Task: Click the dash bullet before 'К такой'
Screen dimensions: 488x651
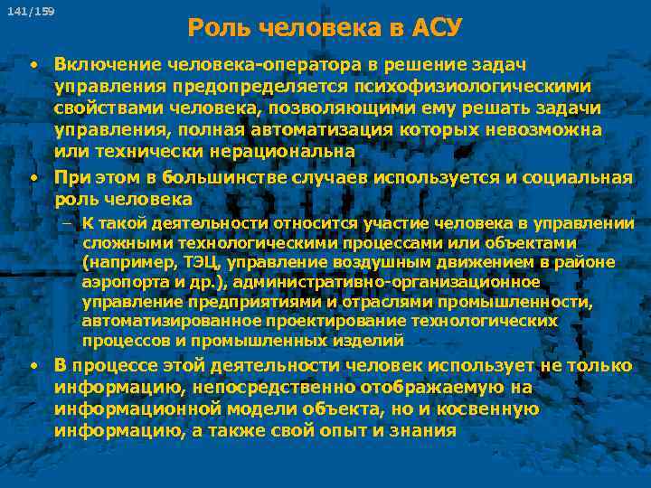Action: click(70, 223)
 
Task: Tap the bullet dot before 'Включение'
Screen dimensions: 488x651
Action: click(33, 65)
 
